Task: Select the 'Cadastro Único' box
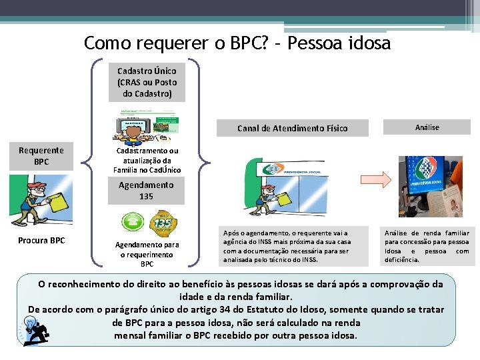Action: pyautogui.click(x=147, y=82)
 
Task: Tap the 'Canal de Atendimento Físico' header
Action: pyautogui.click(x=293, y=128)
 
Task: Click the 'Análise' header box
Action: pyautogui.click(x=427, y=127)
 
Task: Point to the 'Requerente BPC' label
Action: pyautogui.click(x=41, y=156)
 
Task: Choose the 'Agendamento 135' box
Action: pyautogui.click(x=146, y=191)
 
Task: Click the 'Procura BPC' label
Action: pyautogui.click(x=41, y=240)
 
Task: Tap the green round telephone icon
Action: pyautogui.click(x=129, y=222)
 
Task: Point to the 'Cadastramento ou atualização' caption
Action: pyautogui.click(x=147, y=160)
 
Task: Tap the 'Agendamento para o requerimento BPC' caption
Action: pyautogui.click(x=147, y=254)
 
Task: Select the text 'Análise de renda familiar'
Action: pyautogui.click(x=427, y=245)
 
